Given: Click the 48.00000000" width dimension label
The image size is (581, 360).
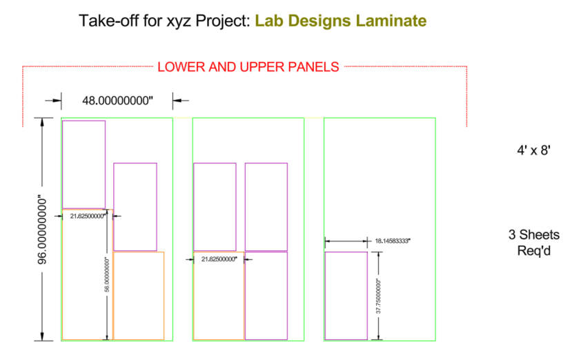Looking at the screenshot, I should tap(117, 101).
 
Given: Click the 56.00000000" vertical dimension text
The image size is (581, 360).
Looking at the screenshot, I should tap(107, 276).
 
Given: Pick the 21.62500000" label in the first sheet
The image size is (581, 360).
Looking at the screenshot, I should tap(88, 216).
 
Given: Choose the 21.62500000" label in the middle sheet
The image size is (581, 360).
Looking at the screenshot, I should tap(219, 259).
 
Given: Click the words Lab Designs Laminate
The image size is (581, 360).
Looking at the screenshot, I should tap(340, 21).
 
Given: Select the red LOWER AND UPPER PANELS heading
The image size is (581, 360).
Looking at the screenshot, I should tap(248, 67).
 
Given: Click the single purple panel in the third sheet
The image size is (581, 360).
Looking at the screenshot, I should tap(346, 296).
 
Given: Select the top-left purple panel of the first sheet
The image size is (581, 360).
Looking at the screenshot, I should tap(83, 164).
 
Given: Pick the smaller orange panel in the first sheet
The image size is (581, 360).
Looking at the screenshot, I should tap(139, 296).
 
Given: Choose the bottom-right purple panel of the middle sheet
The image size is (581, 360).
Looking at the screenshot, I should tap(266, 296).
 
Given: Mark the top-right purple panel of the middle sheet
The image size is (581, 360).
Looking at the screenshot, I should tap(266, 206).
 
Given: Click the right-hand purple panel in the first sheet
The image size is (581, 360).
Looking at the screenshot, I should tap(135, 206).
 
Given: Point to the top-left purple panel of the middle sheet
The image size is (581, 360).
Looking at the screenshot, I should tap(215, 206).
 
